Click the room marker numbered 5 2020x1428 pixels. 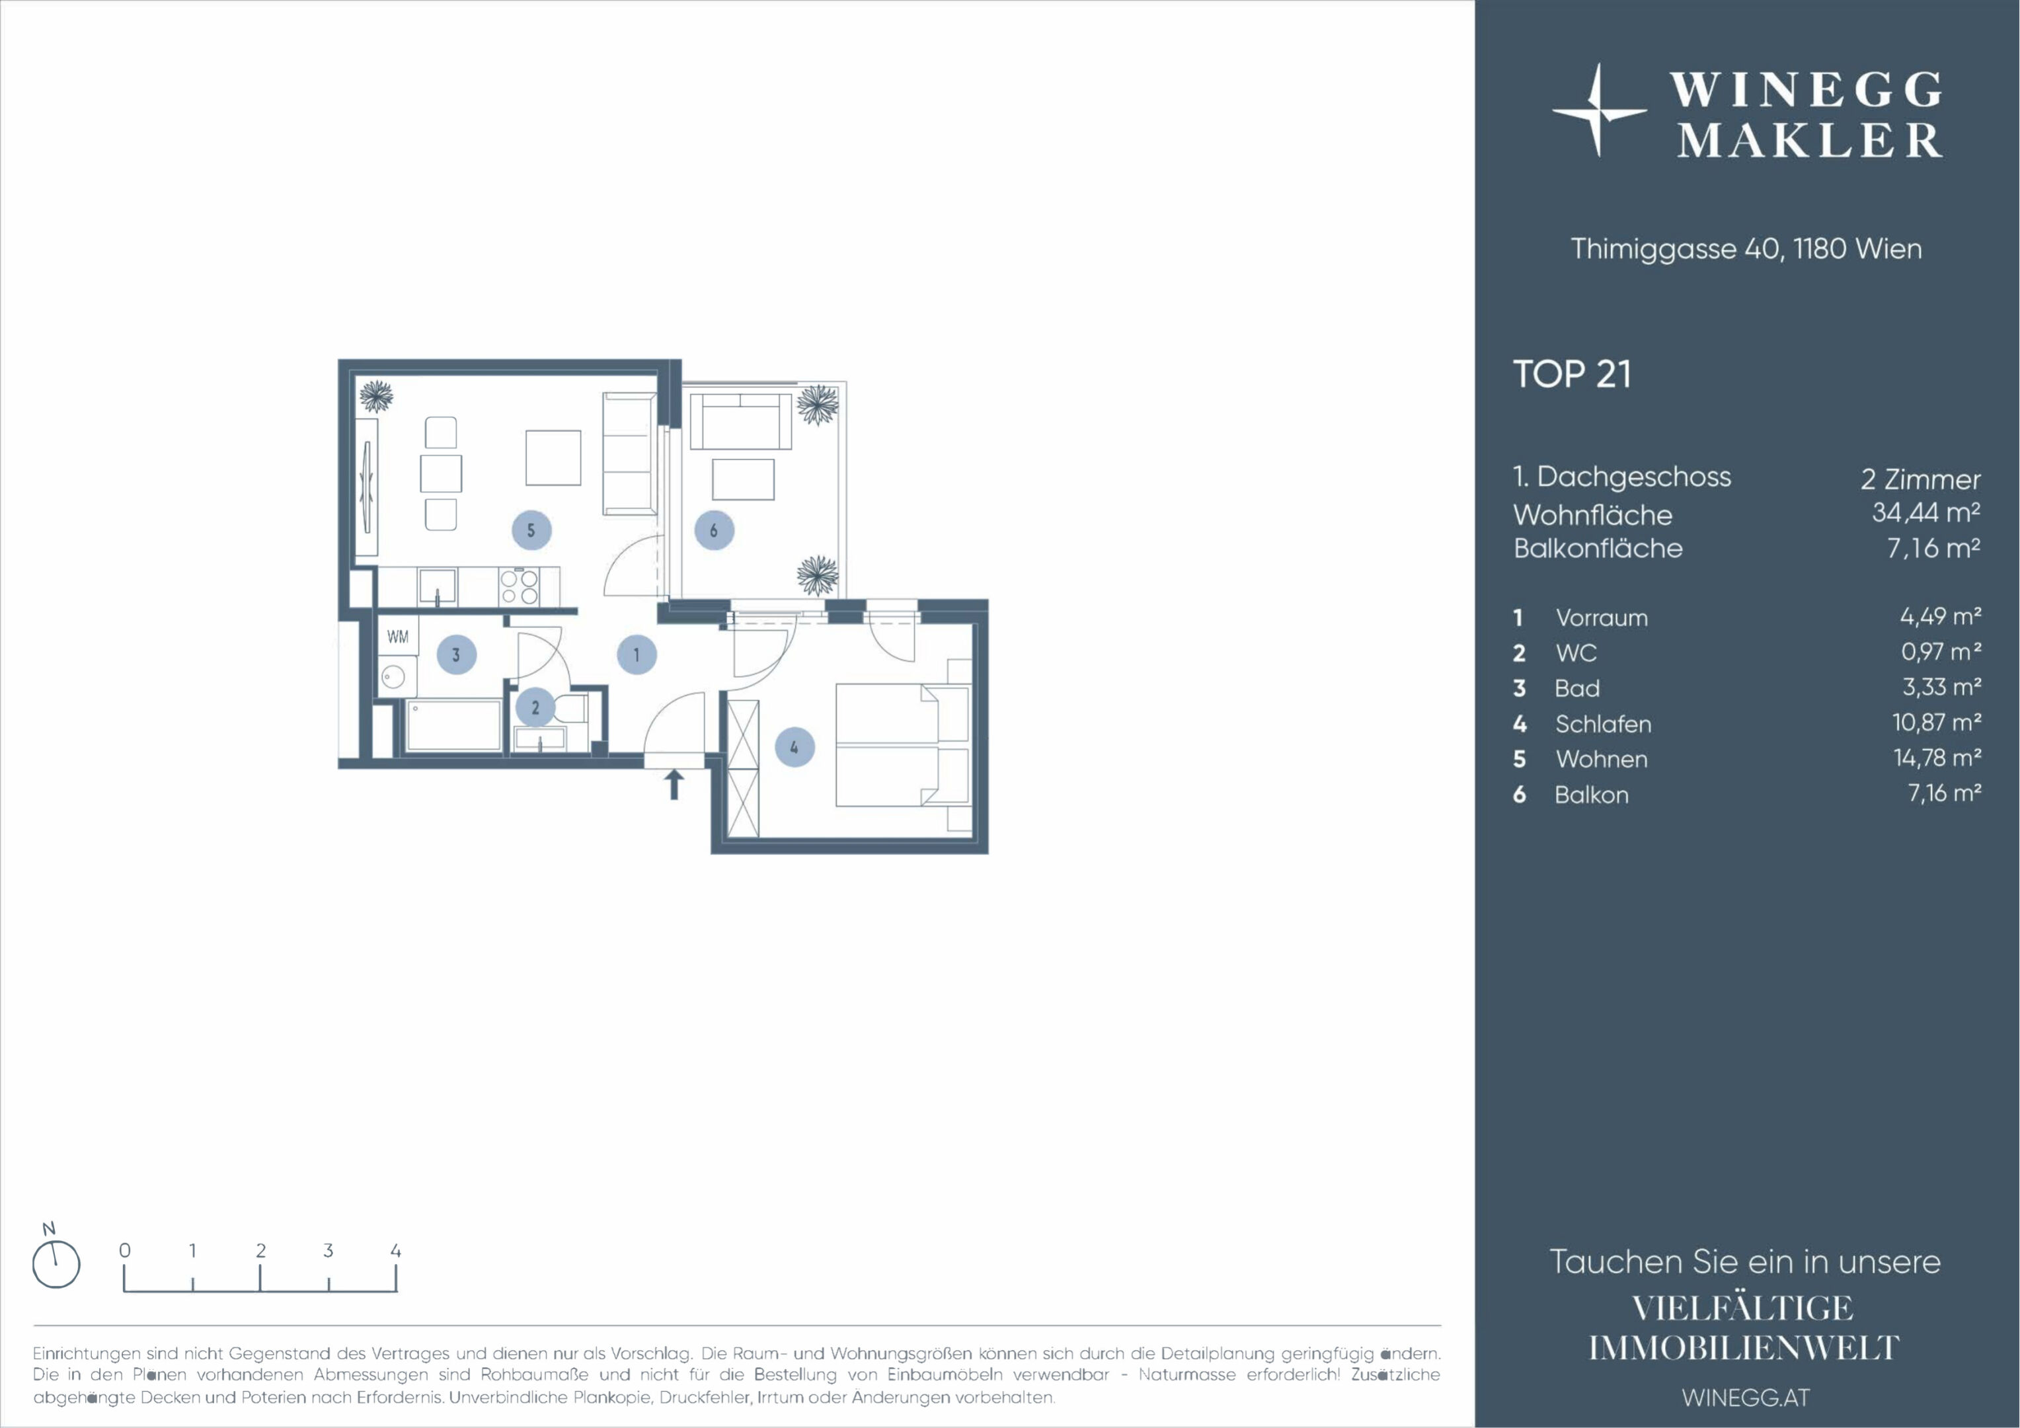click(x=531, y=531)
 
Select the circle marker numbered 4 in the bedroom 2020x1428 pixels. click(x=795, y=747)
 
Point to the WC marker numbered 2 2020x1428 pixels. click(x=535, y=707)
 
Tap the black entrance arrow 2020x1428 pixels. click(x=674, y=785)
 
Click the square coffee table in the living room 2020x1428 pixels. click(x=553, y=457)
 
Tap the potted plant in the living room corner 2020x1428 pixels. click(x=375, y=396)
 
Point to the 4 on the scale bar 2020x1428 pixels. click(x=396, y=1250)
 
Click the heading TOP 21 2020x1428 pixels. click(x=1571, y=374)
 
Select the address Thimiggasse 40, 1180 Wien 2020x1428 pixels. click(x=1746, y=249)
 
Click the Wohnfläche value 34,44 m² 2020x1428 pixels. click(x=1926, y=512)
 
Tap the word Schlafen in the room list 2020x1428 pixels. click(x=1603, y=724)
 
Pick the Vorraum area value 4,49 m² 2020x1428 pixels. click(x=1940, y=616)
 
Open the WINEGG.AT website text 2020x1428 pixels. click(x=1746, y=1397)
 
